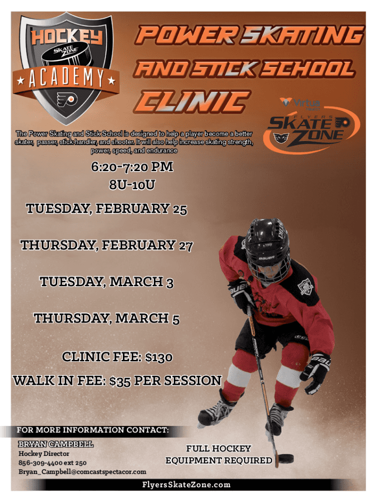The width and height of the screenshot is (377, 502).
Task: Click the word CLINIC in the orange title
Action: click(x=192, y=102)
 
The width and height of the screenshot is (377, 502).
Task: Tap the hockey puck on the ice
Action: click(x=285, y=459)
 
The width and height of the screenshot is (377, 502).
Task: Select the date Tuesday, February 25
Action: click(x=106, y=209)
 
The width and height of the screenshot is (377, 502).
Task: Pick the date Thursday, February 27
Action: click(x=106, y=245)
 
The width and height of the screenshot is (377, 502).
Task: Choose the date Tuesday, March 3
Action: click(x=107, y=282)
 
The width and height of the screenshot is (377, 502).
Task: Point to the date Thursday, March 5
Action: click(x=107, y=318)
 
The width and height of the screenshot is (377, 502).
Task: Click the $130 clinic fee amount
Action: click(x=159, y=357)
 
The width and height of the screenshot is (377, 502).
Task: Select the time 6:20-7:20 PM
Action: click(x=132, y=167)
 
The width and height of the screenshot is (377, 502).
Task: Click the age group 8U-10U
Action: click(x=132, y=185)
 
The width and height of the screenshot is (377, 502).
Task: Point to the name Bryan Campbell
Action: click(x=56, y=444)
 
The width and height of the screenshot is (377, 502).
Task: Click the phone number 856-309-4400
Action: click(x=42, y=463)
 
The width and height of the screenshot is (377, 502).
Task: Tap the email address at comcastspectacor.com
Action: click(x=82, y=472)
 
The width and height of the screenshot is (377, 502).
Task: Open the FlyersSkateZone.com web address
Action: click(x=187, y=485)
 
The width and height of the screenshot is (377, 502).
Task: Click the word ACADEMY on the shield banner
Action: click(x=66, y=78)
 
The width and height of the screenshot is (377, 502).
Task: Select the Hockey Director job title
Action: click(x=44, y=453)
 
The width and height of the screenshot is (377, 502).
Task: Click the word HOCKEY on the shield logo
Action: click(x=67, y=36)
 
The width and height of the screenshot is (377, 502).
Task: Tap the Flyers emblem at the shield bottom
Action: click(x=67, y=99)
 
